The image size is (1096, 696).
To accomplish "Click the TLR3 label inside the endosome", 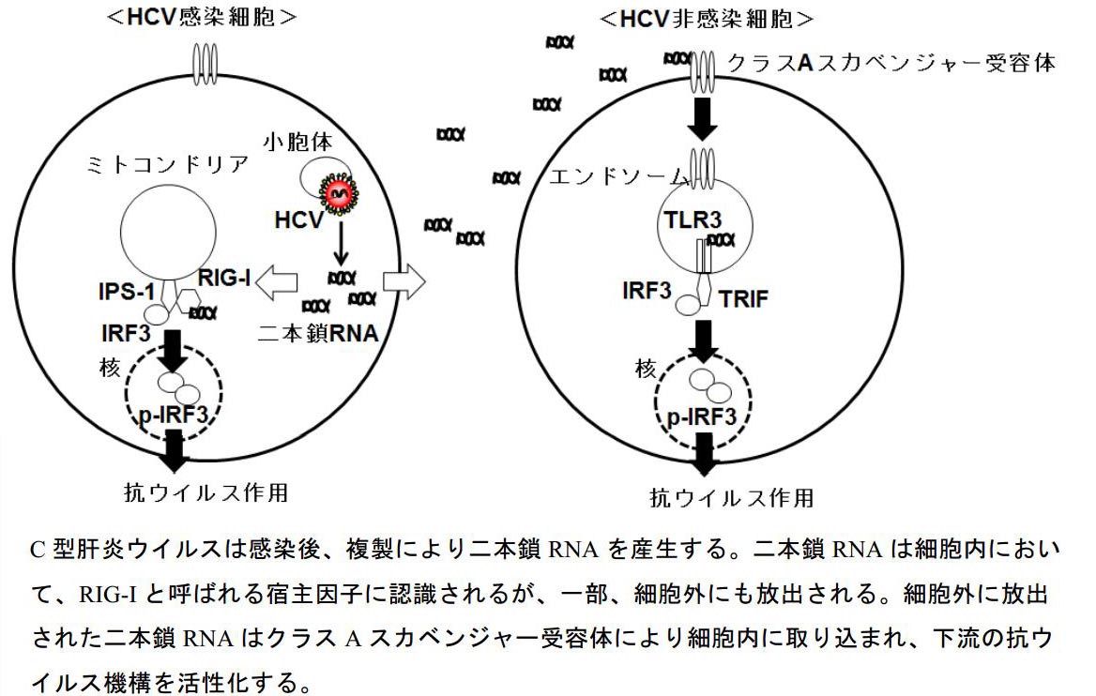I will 695,221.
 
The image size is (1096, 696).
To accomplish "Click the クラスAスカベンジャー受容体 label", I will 892,63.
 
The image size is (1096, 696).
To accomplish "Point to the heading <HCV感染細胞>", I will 203,16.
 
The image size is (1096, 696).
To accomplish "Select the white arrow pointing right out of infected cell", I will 404,280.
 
